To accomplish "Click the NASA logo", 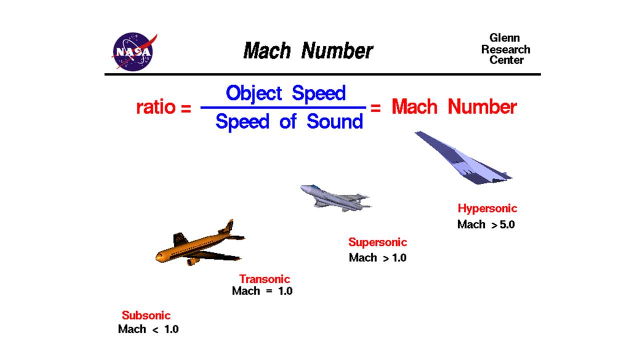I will [x=133, y=51].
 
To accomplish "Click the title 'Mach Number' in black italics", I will [x=307, y=51].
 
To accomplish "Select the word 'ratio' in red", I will [x=156, y=107].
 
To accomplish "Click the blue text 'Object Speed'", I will [x=285, y=93].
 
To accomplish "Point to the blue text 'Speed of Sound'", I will [x=289, y=121].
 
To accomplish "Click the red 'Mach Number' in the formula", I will [x=453, y=107].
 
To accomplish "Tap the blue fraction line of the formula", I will [x=283, y=107].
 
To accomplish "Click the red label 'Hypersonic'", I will [x=487, y=208].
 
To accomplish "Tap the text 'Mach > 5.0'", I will [x=485, y=224].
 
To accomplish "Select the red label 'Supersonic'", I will [x=377, y=242].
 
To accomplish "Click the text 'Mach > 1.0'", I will [x=377, y=258].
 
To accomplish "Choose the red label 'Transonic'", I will [x=264, y=279].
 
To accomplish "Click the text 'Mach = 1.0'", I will [x=262, y=291].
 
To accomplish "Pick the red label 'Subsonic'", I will [x=146, y=315].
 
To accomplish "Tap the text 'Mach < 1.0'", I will [x=148, y=329].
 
